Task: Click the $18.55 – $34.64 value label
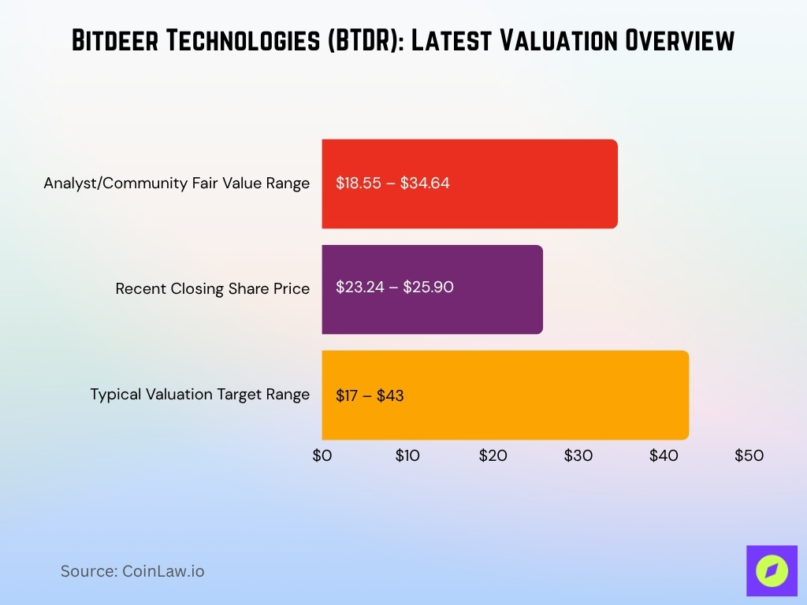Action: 392,184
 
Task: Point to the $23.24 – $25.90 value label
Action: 394,288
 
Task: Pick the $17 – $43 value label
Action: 370,395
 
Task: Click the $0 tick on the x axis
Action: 322,455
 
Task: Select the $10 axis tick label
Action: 407,455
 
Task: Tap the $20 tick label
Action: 493,455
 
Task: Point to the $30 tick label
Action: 578,455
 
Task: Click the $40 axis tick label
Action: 663,455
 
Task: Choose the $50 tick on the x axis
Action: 749,455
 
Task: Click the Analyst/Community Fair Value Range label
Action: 177,184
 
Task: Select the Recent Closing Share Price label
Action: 212,289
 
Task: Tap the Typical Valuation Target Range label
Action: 199,395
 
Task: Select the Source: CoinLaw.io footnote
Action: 132,571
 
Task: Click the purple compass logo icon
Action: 772,570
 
